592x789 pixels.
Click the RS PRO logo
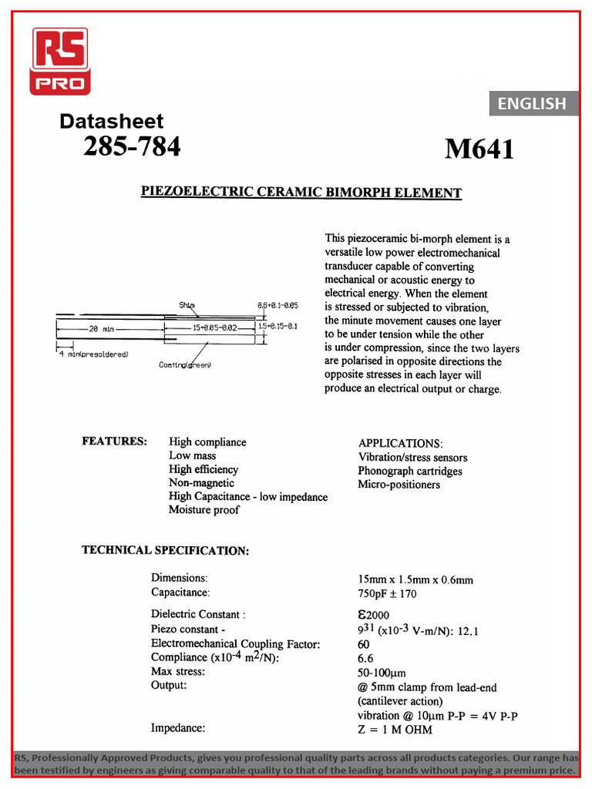point(59,61)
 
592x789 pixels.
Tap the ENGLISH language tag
point(532,103)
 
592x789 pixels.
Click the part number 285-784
point(132,146)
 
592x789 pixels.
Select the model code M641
point(479,149)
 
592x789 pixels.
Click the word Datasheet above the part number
point(111,121)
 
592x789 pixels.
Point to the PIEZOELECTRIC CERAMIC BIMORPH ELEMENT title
point(301,192)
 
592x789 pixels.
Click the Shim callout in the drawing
point(187,305)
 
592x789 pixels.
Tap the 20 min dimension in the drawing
point(101,329)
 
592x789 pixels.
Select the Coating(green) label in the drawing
point(185,364)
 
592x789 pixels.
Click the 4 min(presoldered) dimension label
point(92,354)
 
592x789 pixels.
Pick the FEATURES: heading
point(115,442)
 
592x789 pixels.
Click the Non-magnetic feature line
point(201,483)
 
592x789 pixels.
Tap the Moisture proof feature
point(204,510)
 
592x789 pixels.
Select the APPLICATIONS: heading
point(400,444)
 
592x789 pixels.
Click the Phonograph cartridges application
point(410,471)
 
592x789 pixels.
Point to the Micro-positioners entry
point(399,485)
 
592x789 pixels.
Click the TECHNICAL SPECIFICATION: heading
point(165,550)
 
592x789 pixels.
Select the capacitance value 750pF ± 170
point(387,593)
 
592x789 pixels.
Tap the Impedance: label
point(178,727)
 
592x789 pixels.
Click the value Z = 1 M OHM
point(395,730)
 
